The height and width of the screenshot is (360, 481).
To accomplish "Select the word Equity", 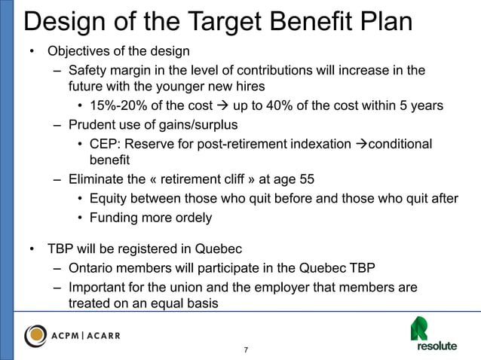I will click(108, 199).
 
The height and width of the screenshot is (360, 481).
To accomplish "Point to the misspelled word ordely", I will click(191, 218).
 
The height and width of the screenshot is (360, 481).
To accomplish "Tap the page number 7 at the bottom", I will click(246, 350).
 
